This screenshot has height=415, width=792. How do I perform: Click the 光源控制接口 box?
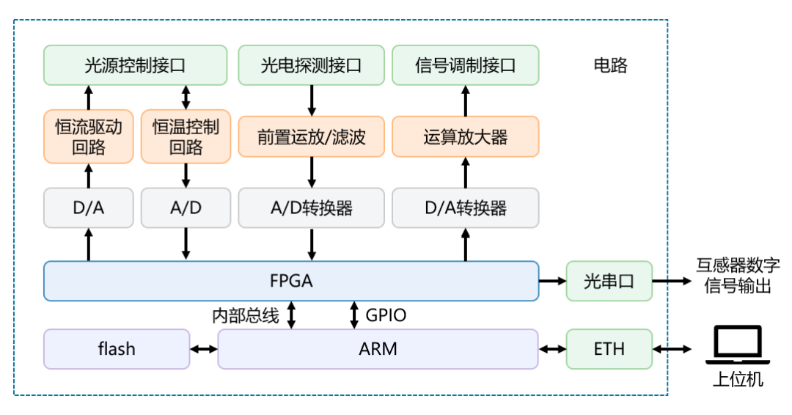(135, 65)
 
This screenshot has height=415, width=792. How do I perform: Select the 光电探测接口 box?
(311, 65)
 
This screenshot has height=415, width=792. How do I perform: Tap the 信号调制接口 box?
(465, 65)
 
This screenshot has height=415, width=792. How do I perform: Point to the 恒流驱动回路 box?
(89, 136)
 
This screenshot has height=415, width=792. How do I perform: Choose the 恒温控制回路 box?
(186, 136)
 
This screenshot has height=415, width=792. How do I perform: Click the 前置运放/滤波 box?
(311, 136)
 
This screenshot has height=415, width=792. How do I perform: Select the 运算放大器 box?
(465, 136)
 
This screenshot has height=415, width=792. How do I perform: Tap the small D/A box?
(89, 207)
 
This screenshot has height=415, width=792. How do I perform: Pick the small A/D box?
(186, 207)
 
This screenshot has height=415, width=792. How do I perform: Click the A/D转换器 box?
(311, 207)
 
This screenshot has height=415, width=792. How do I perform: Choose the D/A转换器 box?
(465, 207)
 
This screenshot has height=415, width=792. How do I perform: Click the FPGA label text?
(290, 281)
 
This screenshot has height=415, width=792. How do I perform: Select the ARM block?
(378, 349)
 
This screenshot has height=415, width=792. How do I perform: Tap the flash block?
(117, 349)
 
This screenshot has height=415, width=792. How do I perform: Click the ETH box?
(609, 349)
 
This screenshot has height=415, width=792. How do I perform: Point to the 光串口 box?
(609, 281)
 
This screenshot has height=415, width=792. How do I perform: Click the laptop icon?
(738, 345)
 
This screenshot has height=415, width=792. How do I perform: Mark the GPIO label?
(385, 316)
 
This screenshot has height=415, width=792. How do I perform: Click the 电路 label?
(610, 65)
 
